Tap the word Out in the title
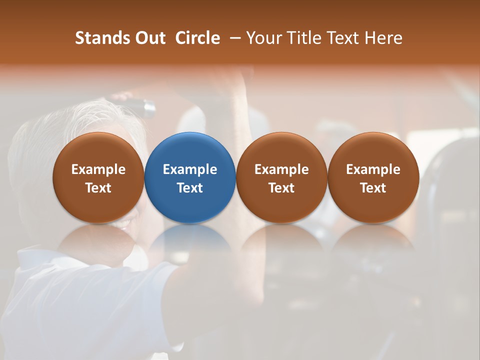coord(149,38)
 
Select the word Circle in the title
coord(197,38)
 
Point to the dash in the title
coord(234,38)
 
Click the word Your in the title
coord(263,38)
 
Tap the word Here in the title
coord(383,38)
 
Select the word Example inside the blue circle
coord(190,169)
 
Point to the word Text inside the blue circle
coord(190,188)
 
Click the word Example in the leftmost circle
coord(98,169)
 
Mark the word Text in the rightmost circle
coord(373,188)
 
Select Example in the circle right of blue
coord(281,169)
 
